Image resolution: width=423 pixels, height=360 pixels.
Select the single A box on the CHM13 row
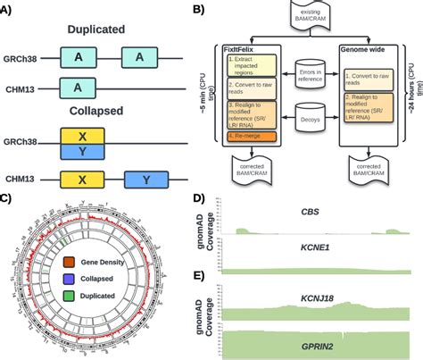(78, 87)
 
